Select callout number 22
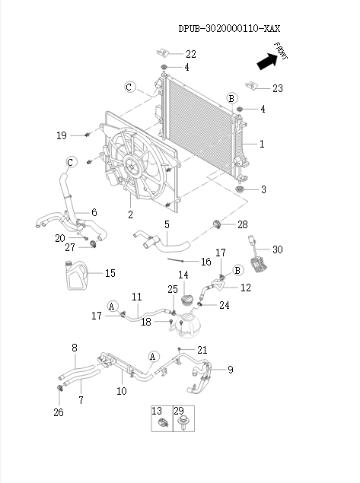pyautogui.click(x=190, y=54)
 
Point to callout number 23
pyautogui.click(x=277, y=89)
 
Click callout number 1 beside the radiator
pyautogui.click(x=262, y=143)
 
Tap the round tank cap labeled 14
pyautogui.click(x=183, y=295)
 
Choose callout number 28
pyautogui.click(x=242, y=224)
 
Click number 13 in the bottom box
pyautogui.click(x=158, y=410)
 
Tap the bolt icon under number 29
pyautogui.click(x=183, y=425)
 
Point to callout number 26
pyautogui.click(x=58, y=413)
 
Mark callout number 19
pyautogui.click(x=62, y=135)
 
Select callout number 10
pyautogui.click(x=121, y=391)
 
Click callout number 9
pyautogui.click(x=230, y=370)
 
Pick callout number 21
pyautogui.click(x=202, y=350)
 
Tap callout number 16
pyautogui.click(x=205, y=262)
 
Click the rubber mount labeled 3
pyautogui.click(x=241, y=189)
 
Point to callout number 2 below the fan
pyautogui.click(x=130, y=215)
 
